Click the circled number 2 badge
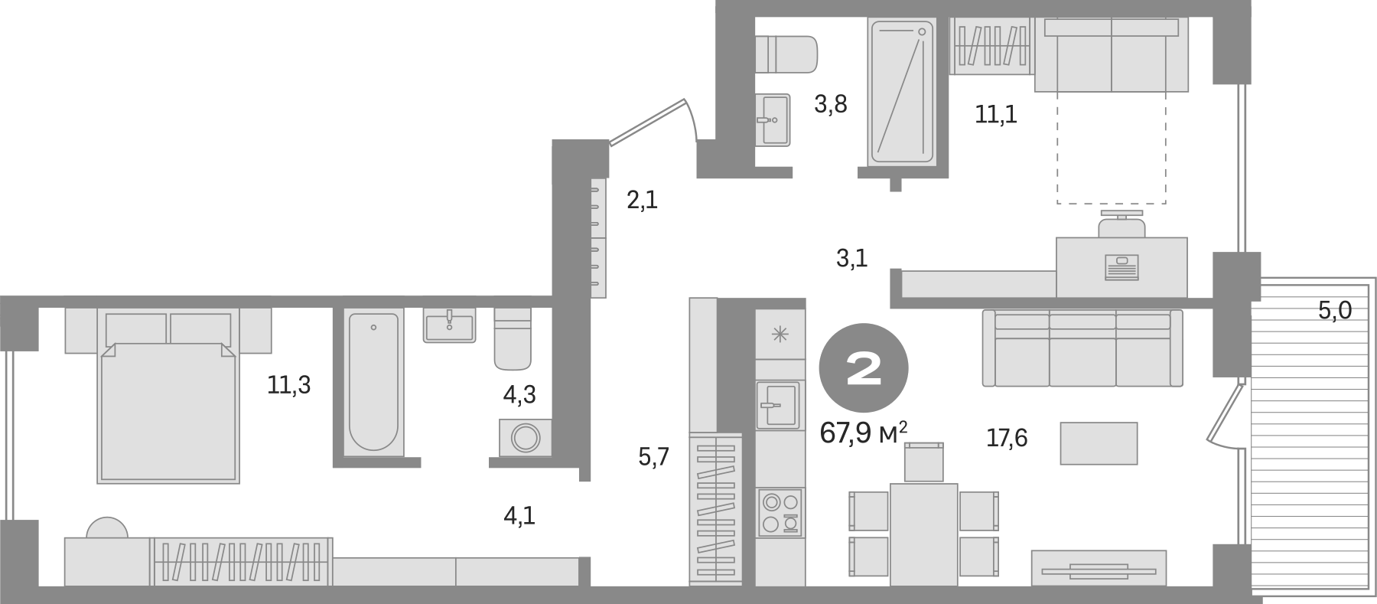click(864, 371)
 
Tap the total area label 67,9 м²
click(864, 434)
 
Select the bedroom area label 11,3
click(289, 385)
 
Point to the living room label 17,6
click(1006, 438)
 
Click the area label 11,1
click(996, 115)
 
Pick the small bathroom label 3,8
click(830, 104)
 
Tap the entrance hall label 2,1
click(642, 201)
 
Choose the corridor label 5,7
click(654, 458)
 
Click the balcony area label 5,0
click(1336, 311)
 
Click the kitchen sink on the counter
click(778, 404)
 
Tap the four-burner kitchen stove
click(780, 512)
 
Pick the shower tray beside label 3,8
click(903, 92)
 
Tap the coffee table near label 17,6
click(1099, 443)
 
